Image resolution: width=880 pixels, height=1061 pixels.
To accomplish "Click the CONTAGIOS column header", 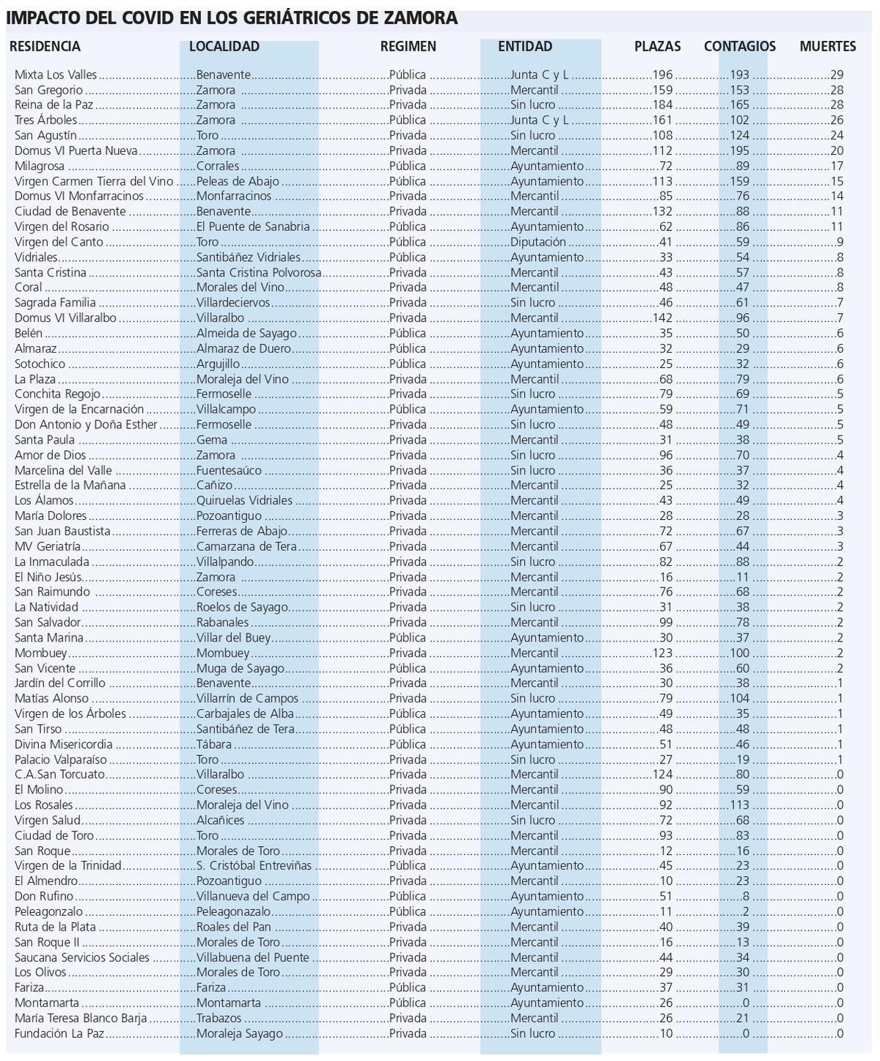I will [x=739, y=46].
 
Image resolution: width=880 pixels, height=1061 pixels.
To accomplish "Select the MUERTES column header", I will [x=827, y=46].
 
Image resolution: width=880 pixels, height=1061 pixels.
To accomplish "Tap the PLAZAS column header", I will [x=657, y=46].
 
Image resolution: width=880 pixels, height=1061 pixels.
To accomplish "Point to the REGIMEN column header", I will [x=408, y=46].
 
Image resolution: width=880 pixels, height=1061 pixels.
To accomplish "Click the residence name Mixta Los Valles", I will [x=56, y=75].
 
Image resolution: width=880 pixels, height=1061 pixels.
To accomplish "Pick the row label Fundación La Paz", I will [x=59, y=1034].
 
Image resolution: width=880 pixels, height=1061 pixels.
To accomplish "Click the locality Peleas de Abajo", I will [x=238, y=181].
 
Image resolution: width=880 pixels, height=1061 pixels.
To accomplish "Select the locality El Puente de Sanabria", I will [x=253, y=227].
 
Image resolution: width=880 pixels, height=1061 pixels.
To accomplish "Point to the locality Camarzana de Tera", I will [x=246, y=546].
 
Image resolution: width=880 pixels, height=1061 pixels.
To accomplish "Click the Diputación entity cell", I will [x=538, y=242].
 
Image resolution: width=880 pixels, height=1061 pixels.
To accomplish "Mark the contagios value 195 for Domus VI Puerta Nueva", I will [x=739, y=151].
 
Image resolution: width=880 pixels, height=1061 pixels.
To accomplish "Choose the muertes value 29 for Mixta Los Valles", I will [x=837, y=75].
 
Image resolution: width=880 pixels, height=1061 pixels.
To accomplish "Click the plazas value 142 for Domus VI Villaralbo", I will [x=662, y=318].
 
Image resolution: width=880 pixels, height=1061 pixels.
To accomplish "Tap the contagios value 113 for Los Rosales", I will [x=739, y=805].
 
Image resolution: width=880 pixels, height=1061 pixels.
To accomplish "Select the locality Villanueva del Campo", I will [x=253, y=896].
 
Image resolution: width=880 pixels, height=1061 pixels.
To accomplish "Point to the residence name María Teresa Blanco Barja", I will [x=81, y=1018].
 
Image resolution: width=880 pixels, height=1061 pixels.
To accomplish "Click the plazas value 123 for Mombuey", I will [x=662, y=653].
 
